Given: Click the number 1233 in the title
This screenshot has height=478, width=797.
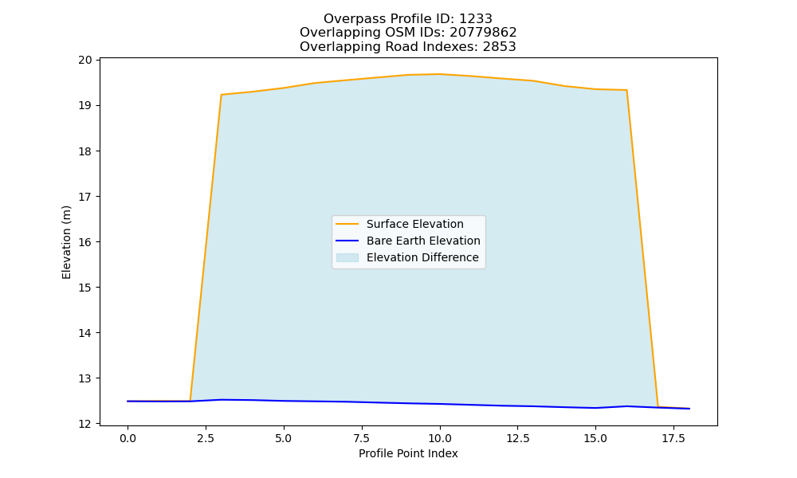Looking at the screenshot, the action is point(476,19).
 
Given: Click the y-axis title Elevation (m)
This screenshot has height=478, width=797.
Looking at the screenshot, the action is point(67,242).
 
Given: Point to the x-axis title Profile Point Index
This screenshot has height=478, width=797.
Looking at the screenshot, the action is point(408,453).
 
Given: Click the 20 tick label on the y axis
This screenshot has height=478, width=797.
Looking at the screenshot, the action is point(85,60).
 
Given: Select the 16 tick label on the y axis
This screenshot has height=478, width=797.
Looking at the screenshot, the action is point(85,242).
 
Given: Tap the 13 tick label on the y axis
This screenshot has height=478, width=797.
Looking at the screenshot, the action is point(85,378).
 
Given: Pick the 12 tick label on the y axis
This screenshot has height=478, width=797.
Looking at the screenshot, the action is point(85,424).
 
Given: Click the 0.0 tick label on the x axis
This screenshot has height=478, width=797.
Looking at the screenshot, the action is point(128,438).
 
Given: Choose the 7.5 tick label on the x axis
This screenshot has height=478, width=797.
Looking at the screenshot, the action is point(361,438).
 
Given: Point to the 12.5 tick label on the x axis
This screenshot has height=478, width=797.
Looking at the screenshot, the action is point(517,438).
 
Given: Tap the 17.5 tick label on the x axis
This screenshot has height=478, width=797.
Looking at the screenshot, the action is point(673,438).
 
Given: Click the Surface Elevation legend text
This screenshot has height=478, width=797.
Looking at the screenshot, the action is point(414,224).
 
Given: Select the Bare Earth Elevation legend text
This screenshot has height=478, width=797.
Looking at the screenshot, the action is point(423,241).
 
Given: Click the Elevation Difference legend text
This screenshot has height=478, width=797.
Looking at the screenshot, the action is point(422,257).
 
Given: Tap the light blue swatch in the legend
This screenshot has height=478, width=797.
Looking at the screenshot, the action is point(347,257).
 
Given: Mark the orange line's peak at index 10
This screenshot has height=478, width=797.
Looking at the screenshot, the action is point(440,74).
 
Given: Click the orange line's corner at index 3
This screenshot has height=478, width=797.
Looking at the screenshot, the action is point(221,95).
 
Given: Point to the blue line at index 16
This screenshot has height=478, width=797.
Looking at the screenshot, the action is point(626,406).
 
